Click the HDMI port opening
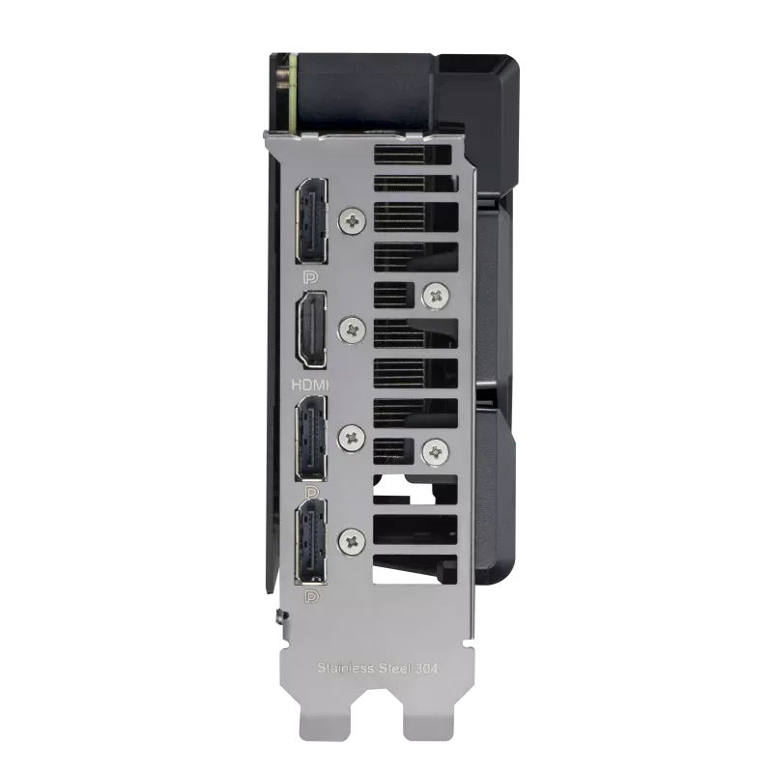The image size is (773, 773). pyautogui.click(x=311, y=329)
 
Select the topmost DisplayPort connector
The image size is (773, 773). pyautogui.click(x=311, y=220)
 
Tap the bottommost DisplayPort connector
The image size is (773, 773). pyautogui.click(x=311, y=541)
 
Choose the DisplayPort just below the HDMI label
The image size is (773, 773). pyautogui.click(x=311, y=438)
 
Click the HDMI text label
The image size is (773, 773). pyautogui.click(x=310, y=385)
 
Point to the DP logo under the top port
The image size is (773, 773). pyautogui.click(x=310, y=277)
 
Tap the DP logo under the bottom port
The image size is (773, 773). pyautogui.click(x=311, y=597)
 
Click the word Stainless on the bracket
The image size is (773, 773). pyautogui.click(x=345, y=668)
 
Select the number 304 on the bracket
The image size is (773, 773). pyautogui.click(x=425, y=669)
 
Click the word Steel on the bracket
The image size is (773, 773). pyautogui.click(x=394, y=668)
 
